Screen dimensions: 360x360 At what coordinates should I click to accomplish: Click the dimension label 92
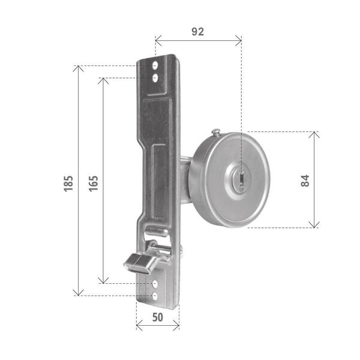point(197,31)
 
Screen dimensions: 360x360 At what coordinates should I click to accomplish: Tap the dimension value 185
point(68,184)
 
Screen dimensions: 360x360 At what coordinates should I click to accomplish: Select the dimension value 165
point(94,184)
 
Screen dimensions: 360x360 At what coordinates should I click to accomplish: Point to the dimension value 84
point(305,181)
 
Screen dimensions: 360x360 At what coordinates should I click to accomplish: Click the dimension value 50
point(158,317)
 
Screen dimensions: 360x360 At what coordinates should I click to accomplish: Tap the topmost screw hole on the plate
point(155,66)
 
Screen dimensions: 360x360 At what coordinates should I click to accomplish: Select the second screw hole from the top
point(155,78)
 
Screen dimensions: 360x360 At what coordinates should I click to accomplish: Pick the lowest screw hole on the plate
point(155,296)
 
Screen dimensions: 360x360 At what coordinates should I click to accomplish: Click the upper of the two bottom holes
point(155,284)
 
